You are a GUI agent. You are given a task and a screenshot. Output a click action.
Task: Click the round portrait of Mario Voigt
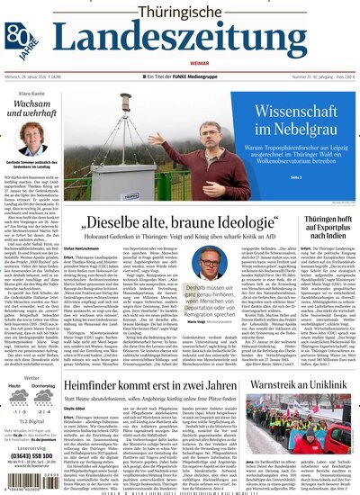(210, 264)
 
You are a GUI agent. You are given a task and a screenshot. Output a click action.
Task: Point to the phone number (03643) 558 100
(31, 454)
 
